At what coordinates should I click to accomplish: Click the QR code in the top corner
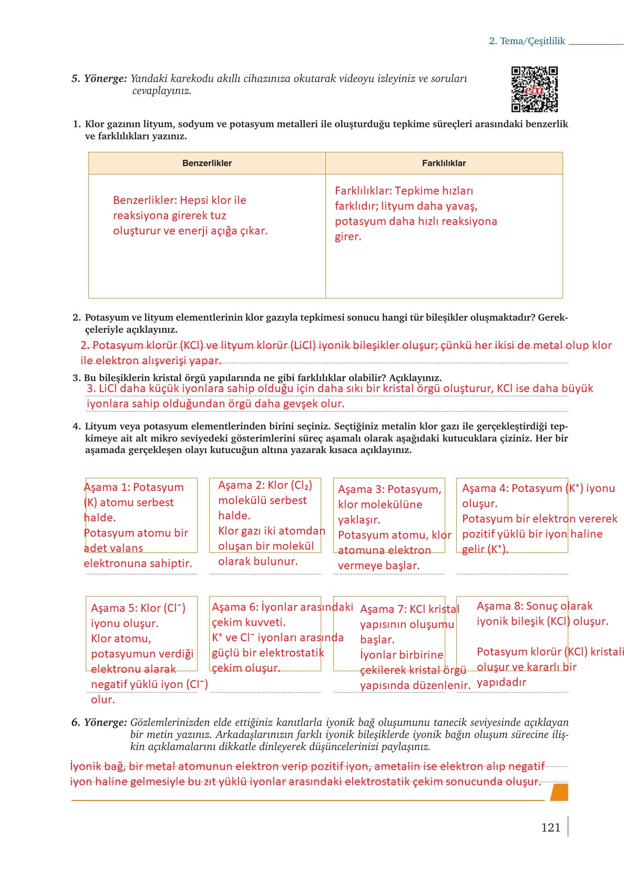(534, 89)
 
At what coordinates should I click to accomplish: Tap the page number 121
(550, 827)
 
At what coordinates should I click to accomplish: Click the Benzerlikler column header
(207, 163)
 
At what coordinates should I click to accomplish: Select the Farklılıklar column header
(444, 163)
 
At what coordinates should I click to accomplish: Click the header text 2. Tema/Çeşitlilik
(527, 41)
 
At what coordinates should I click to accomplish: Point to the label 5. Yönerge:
(99, 78)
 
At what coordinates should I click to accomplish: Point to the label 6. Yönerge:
(99, 722)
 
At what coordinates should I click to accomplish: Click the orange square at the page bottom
(559, 792)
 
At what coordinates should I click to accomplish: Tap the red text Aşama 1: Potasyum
(134, 487)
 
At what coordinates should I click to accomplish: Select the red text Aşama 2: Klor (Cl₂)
(265, 485)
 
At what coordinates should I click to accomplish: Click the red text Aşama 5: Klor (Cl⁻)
(138, 608)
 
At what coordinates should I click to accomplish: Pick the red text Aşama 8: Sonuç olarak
(534, 606)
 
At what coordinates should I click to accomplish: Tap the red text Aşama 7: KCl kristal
(410, 609)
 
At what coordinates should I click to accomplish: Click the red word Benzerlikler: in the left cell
(145, 200)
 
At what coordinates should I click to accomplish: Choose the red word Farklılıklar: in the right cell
(363, 191)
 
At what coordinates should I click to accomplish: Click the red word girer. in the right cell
(348, 237)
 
